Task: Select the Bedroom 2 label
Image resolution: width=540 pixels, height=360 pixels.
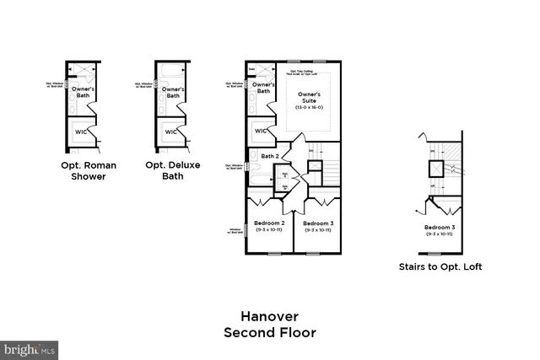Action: tap(269, 223)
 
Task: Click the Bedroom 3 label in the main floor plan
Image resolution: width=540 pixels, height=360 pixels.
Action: tap(320, 223)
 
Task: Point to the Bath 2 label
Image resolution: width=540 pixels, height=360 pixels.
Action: tap(269, 156)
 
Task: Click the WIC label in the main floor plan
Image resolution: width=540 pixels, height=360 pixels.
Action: tap(262, 131)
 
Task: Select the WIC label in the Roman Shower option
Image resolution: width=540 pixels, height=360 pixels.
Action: tap(82, 132)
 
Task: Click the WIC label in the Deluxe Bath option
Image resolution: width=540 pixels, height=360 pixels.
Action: tap(170, 132)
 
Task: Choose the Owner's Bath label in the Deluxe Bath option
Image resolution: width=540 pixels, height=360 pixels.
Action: tap(172, 92)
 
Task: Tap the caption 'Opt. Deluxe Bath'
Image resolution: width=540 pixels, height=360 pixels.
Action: tap(172, 171)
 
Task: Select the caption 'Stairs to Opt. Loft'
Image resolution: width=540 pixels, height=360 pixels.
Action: tap(440, 267)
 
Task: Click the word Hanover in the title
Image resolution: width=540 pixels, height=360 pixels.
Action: tap(269, 316)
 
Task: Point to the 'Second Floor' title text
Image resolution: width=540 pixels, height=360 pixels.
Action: tap(269, 333)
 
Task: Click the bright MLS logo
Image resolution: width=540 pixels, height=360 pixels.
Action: tap(30, 349)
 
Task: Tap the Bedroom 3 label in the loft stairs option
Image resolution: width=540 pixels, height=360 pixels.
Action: tap(440, 228)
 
